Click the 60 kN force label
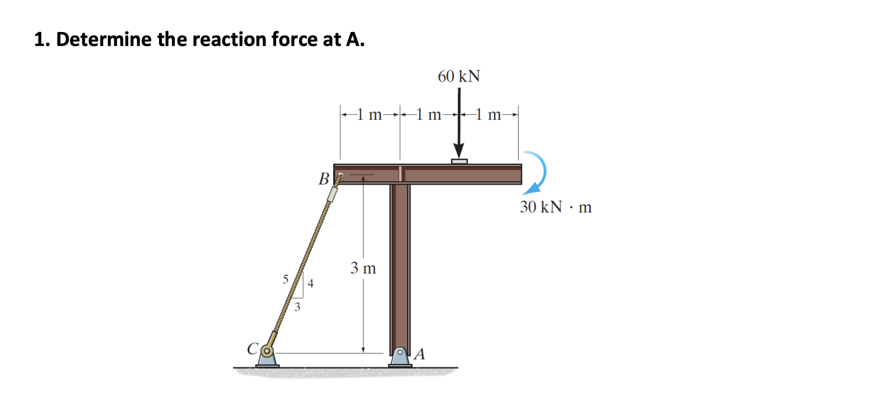[459, 76]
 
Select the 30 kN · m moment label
[555, 207]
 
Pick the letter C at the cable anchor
[252, 350]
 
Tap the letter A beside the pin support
[420, 353]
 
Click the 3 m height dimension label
[363, 268]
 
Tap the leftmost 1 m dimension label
[369, 115]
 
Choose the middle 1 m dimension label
[429, 115]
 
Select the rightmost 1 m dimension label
[489, 115]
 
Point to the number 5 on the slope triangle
[286, 279]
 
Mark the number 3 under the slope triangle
[298, 307]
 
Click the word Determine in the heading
[102, 40]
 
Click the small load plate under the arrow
[459, 161]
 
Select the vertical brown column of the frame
[400, 262]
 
